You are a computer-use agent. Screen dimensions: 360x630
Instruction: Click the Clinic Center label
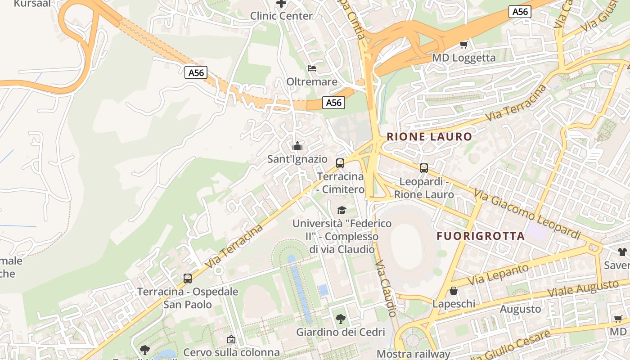(x=281, y=16)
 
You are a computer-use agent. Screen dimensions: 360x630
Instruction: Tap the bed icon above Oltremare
(x=312, y=68)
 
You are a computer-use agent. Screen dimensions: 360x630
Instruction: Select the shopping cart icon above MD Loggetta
(x=464, y=45)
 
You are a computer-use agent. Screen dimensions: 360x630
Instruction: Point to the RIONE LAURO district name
(x=429, y=137)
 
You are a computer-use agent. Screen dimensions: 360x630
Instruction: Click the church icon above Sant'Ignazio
(x=297, y=146)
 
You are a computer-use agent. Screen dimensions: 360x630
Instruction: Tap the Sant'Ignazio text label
(x=297, y=159)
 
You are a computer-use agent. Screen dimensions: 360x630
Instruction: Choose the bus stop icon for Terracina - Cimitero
(x=340, y=163)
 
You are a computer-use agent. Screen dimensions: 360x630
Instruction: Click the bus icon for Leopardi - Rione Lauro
(x=424, y=168)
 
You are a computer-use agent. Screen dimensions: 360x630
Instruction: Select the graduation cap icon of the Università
(x=342, y=210)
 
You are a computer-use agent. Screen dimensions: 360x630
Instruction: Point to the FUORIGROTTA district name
(x=481, y=236)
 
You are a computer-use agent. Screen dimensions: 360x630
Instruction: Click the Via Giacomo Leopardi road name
(x=526, y=214)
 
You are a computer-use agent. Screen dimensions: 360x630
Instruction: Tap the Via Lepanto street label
(x=498, y=274)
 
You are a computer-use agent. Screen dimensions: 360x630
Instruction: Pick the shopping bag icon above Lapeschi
(x=454, y=291)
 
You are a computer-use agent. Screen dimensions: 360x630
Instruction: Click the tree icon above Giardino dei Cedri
(x=341, y=319)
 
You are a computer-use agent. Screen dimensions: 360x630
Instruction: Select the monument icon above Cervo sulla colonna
(x=231, y=339)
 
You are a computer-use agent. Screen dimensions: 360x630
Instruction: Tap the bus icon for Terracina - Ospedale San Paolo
(x=188, y=279)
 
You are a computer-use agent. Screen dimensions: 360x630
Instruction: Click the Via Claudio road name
(x=386, y=288)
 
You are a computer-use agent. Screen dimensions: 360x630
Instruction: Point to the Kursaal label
(x=31, y=4)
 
